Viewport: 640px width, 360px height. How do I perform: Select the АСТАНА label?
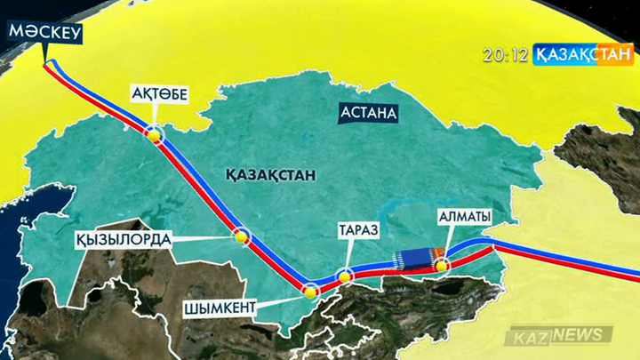coord(367,114)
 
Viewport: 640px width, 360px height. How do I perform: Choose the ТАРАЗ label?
coord(358,230)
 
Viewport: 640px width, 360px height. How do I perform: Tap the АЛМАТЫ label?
coord(464,217)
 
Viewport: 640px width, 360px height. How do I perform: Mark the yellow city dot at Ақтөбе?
coord(155,134)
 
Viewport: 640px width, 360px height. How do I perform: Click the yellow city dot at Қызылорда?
coord(240,237)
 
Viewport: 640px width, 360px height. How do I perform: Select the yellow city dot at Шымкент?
coord(310,290)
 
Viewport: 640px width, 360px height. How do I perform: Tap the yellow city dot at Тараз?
coord(345,275)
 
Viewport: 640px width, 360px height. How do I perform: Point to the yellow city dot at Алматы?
coord(441,264)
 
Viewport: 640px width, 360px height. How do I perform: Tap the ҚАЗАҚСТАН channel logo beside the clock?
coord(582,55)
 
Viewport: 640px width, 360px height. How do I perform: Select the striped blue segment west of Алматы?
coord(412,259)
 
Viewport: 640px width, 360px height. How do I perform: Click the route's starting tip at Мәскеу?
coord(48,63)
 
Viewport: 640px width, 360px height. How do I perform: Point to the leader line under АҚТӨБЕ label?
coord(155,116)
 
